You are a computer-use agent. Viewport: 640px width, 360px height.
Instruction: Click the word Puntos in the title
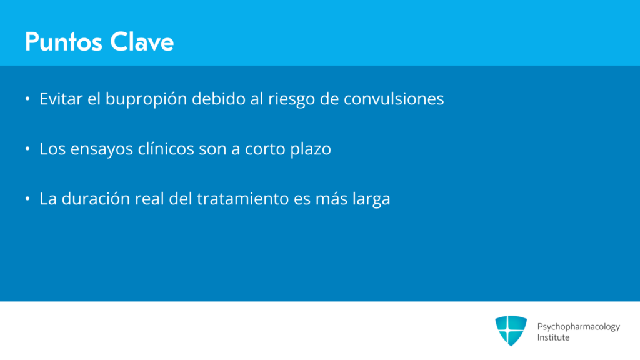(63, 42)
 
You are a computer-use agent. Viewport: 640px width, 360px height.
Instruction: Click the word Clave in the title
(142, 42)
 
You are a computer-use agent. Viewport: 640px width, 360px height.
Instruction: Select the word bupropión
(146, 99)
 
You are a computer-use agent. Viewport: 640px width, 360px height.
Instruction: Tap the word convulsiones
(394, 99)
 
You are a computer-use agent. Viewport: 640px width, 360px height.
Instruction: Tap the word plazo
(311, 149)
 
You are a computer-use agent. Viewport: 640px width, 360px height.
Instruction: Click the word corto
(265, 149)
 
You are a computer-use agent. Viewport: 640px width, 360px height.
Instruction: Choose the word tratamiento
(243, 199)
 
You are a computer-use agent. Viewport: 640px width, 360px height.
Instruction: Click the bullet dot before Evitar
(27, 99)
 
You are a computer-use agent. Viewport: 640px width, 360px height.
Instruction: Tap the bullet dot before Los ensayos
(27, 149)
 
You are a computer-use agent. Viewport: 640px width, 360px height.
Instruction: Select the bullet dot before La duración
(27, 199)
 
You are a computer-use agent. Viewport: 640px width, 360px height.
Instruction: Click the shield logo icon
(511, 331)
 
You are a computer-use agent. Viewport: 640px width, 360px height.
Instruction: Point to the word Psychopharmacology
(578, 327)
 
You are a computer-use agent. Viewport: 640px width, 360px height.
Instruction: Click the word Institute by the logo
(553, 337)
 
